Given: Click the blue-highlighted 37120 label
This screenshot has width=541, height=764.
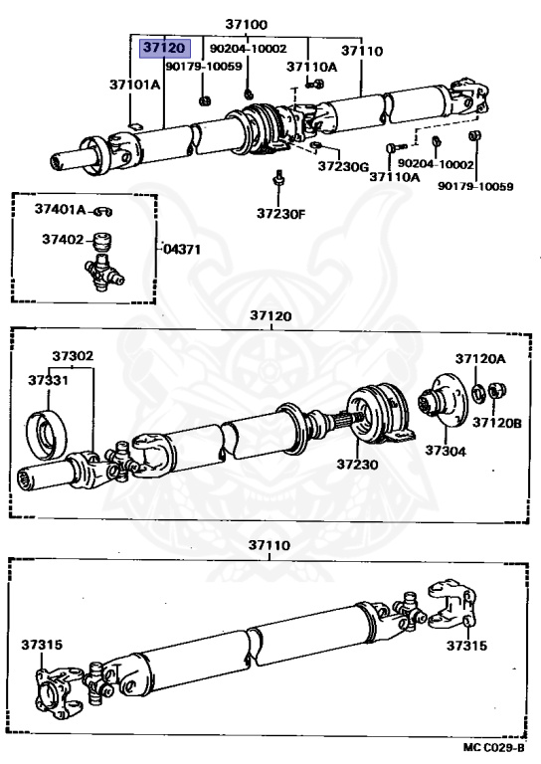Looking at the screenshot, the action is [x=165, y=48].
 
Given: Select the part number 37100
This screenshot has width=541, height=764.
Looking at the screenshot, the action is [x=247, y=24].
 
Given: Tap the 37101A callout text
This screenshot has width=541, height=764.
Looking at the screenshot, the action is [x=134, y=85].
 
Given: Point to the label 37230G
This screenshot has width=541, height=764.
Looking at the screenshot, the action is [x=343, y=166].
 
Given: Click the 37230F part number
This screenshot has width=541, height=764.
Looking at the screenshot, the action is [x=281, y=214].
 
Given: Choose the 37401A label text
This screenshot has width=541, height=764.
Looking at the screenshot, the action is [x=61, y=210].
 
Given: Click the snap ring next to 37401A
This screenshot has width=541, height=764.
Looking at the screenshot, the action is [x=103, y=212].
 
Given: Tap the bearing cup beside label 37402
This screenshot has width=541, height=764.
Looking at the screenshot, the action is [x=102, y=241].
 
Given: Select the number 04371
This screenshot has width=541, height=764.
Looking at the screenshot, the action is [x=182, y=249].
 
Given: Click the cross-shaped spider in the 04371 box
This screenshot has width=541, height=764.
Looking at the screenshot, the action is [x=103, y=273].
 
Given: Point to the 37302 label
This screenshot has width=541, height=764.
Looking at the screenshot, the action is [x=73, y=356].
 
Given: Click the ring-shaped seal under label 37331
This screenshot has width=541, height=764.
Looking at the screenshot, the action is [x=47, y=435].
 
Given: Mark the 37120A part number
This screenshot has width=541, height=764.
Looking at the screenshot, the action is [x=480, y=359].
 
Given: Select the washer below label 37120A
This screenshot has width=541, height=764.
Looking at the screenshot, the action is [x=477, y=393].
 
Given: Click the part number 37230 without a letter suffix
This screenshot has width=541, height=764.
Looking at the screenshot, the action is [x=357, y=464].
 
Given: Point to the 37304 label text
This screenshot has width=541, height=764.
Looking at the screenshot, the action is [x=446, y=451].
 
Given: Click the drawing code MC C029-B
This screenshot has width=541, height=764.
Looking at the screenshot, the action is [x=494, y=747].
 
